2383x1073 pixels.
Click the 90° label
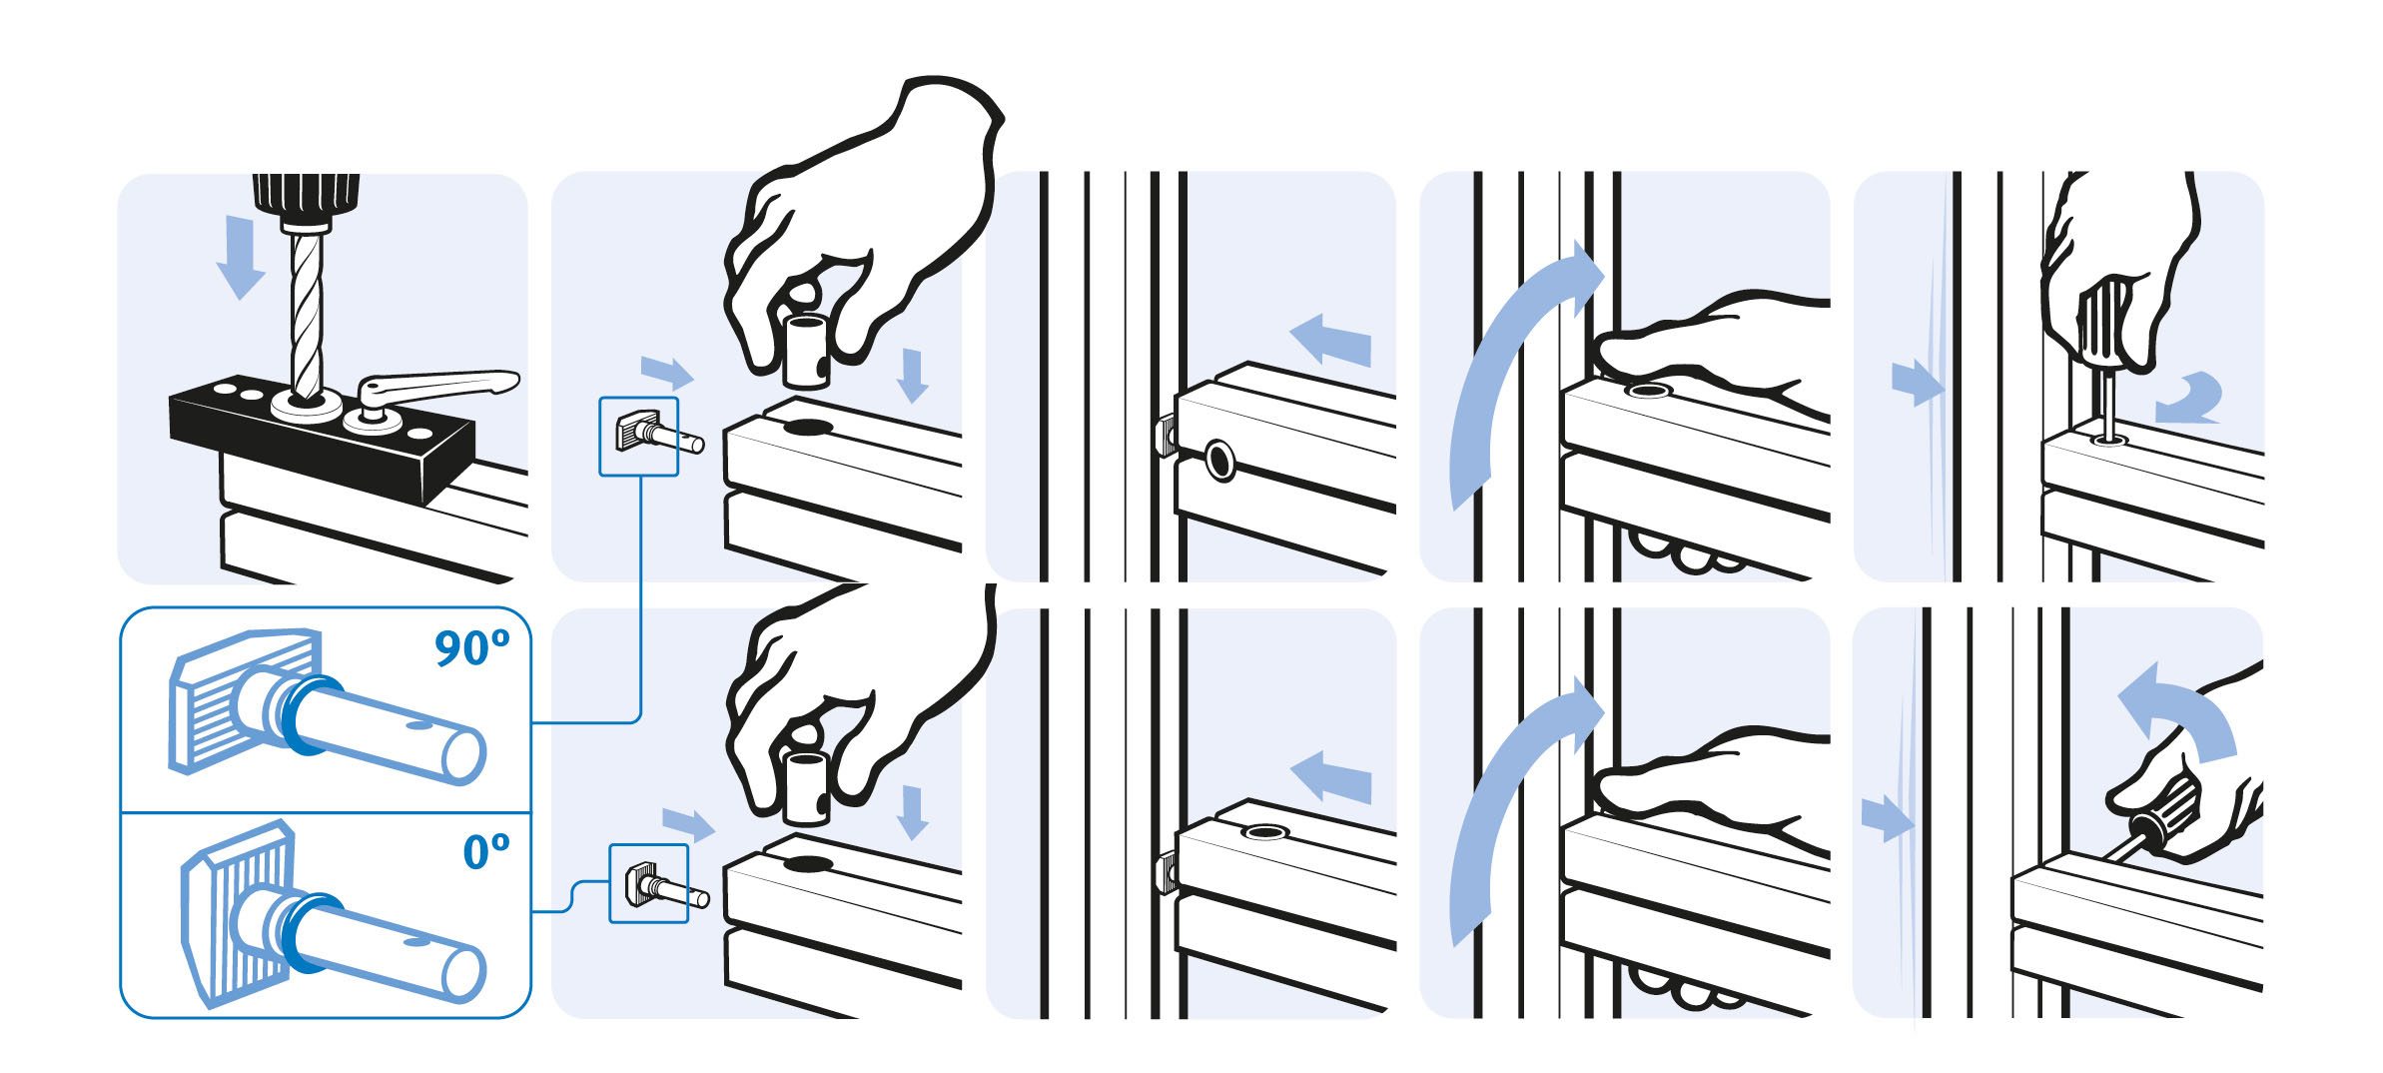coord(471,648)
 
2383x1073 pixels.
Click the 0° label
coord(486,851)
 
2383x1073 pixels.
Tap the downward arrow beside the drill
coord(241,259)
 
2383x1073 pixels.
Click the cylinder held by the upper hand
coord(805,350)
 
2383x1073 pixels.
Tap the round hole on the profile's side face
coord(1219,460)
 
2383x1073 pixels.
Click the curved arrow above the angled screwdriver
coord(2175,714)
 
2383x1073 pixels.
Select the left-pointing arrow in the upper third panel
coord(1330,340)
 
